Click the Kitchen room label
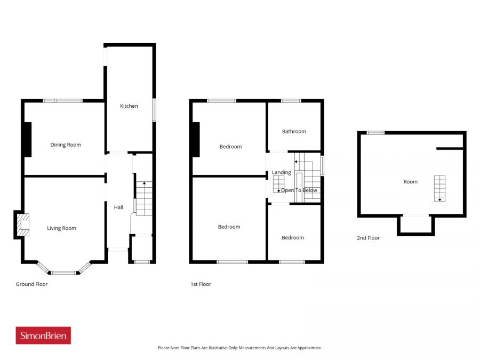[129, 106]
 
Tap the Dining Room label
[66, 145]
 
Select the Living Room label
[61, 228]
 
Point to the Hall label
[118, 207]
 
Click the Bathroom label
[294, 131]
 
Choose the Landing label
[282, 172]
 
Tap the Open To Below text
[299, 190]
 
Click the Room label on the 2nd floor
[410, 182]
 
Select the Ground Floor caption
[31, 284]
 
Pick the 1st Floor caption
[201, 284]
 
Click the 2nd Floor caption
[368, 238]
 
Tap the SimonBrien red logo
[43, 335]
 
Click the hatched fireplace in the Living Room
[22, 225]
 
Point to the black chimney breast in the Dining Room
[27, 140]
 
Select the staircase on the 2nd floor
[439, 188]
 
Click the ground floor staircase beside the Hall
[143, 198]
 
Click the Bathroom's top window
[291, 100]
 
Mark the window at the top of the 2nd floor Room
[375, 133]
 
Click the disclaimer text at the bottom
[239, 348]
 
